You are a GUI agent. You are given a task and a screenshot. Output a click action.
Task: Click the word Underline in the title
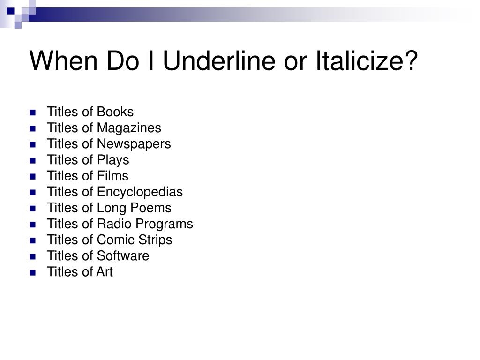(x=219, y=60)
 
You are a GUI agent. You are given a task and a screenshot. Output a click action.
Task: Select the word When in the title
(x=63, y=60)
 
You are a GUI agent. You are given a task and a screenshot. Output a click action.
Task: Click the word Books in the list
(x=115, y=112)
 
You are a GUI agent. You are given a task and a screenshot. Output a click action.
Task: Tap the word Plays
(x=113, y=160)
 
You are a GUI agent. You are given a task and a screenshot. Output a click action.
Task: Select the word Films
(x=112, y=176)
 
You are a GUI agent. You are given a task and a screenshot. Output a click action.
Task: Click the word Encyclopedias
(x=140, y=192)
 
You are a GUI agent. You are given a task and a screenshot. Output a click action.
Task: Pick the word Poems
(x=150, y=208)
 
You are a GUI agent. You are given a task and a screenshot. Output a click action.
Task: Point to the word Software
(x=123, y=255)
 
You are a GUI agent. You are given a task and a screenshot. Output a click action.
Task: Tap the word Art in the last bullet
(x=105, y=272)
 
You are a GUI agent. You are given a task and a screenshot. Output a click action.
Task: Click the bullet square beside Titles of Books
(x=32, y=112)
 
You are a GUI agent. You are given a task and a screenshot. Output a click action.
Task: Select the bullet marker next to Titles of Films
(x=32, y=176)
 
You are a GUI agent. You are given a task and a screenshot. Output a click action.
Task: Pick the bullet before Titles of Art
(x=32, y=272)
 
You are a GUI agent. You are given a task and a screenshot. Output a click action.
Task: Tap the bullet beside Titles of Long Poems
(x=32, y=209)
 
